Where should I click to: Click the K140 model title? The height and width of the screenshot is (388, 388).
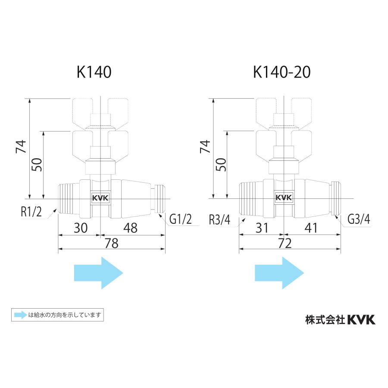94,72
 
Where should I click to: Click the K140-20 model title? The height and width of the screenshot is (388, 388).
282,72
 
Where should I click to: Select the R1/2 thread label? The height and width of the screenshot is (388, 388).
31,212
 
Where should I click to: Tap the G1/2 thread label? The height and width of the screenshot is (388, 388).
180,219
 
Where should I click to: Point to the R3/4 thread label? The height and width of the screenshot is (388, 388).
219,219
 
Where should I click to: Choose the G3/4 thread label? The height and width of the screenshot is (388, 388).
359,219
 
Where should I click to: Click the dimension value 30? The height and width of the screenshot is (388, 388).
81,228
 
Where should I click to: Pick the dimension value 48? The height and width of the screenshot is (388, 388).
130,228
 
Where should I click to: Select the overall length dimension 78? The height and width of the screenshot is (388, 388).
112,243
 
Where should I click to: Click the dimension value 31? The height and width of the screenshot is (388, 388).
262,228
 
